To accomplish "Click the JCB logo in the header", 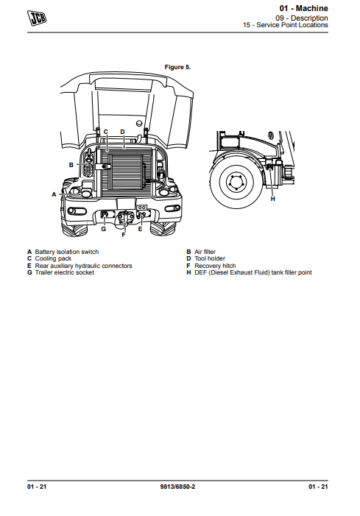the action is click(37, 18).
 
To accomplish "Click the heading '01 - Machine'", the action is click(303, 8).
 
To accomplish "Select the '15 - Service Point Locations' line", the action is click(286, 25).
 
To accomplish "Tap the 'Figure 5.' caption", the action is click(177, 67).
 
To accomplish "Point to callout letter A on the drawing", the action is click(54, 194).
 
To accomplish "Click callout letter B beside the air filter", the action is click(71, 165).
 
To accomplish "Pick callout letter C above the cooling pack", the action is click(105, 132).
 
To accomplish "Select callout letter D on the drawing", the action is click(122, 132).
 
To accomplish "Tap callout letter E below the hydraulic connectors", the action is click(140, 229).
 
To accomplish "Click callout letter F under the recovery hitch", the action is click(124, 235).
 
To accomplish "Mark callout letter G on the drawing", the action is click(104, 229).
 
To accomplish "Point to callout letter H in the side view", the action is click(272, 199).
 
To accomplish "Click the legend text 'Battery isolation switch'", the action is click(67, 252).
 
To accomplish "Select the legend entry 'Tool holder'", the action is click(210, 258).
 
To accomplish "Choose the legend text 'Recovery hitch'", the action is click(215, 266).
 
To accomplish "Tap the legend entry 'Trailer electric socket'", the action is click(65, 272).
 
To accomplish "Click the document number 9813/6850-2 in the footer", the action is click(177, 487).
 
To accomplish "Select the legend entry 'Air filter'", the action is click(205, 252).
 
